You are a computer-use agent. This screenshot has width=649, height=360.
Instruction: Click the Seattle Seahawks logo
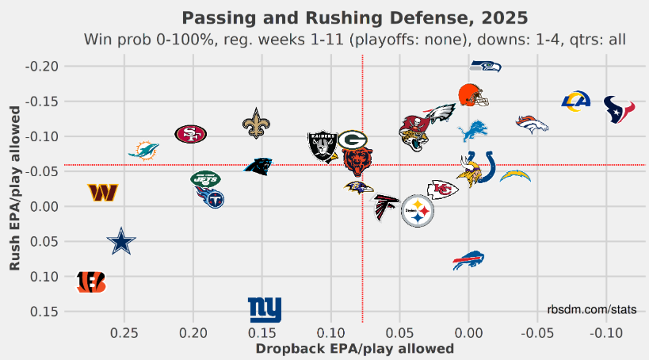485,67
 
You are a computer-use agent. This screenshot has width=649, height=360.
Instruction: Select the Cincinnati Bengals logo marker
90,281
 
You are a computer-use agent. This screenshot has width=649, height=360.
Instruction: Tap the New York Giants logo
265,309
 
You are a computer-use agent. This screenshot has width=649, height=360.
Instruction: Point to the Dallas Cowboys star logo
121,241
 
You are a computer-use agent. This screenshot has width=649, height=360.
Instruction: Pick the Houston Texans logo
619,109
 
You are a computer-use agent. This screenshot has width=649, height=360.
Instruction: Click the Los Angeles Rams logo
576,101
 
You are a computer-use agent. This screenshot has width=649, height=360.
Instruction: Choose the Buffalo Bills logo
468,260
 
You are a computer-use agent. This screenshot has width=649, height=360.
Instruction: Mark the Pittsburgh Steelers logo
418,211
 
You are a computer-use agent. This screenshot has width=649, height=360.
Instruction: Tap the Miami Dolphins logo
143,150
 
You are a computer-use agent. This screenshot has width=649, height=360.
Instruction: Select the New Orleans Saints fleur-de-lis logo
255,124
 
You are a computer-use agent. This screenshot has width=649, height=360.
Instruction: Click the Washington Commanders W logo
103,193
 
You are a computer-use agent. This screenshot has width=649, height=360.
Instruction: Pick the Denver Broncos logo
531,123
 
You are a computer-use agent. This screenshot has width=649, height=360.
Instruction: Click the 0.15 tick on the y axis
44,312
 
